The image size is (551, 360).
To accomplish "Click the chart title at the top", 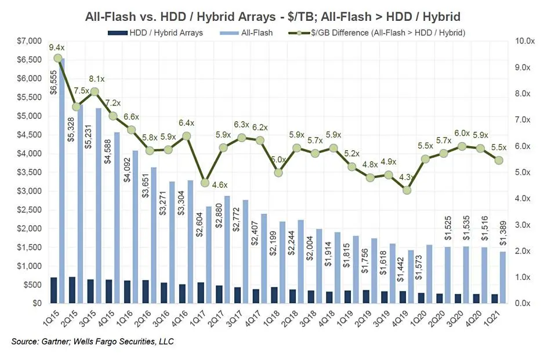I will [x=275, y=16].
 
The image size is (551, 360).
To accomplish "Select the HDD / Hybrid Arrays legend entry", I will [x=155, y=32].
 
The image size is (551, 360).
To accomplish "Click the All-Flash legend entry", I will [x=247, y=32].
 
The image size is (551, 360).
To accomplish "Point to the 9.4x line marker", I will [x=58, y=58].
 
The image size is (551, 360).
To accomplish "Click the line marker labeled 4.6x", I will [x=205, y=183].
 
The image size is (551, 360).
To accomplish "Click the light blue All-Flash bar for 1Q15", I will [x=61, y=180].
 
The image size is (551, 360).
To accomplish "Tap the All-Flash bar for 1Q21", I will [x=503, y=277].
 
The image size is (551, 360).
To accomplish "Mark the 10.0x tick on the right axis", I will [x=525, y=41].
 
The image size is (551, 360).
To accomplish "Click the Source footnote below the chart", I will [x=93, y=342].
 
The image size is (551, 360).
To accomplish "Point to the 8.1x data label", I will [x=96, y=79].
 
